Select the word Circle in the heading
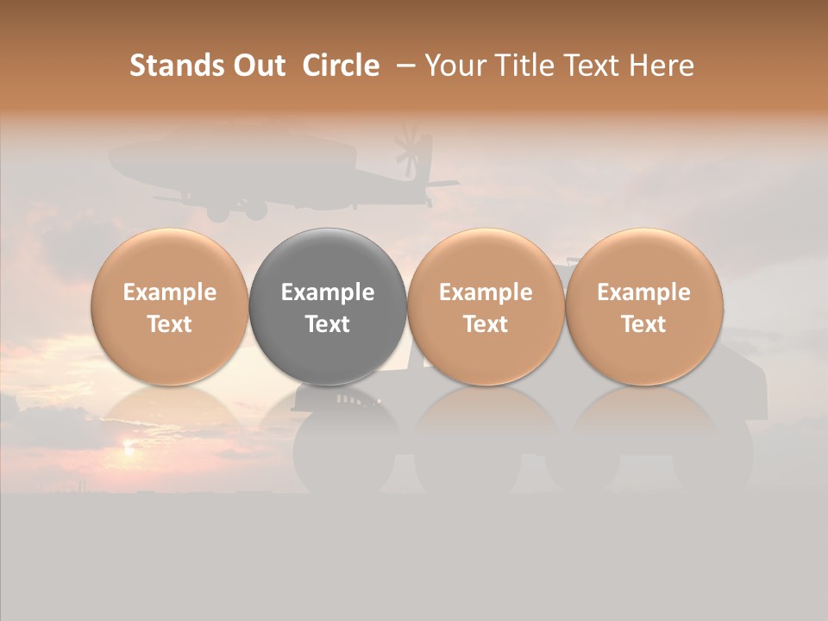tap(341, 66)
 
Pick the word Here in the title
tap(662, 66)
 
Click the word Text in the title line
tap(593, 66)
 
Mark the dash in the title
tap(403, 66)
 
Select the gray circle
tap(328, 306)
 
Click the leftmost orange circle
tap(170, 306)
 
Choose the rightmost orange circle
tap(644, 306)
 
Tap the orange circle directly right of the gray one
tap(486, 306)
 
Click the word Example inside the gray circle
tap(328, 292)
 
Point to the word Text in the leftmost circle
tap(170, 324)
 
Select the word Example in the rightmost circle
tap(644, 292)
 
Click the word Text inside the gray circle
tap(328, 324)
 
